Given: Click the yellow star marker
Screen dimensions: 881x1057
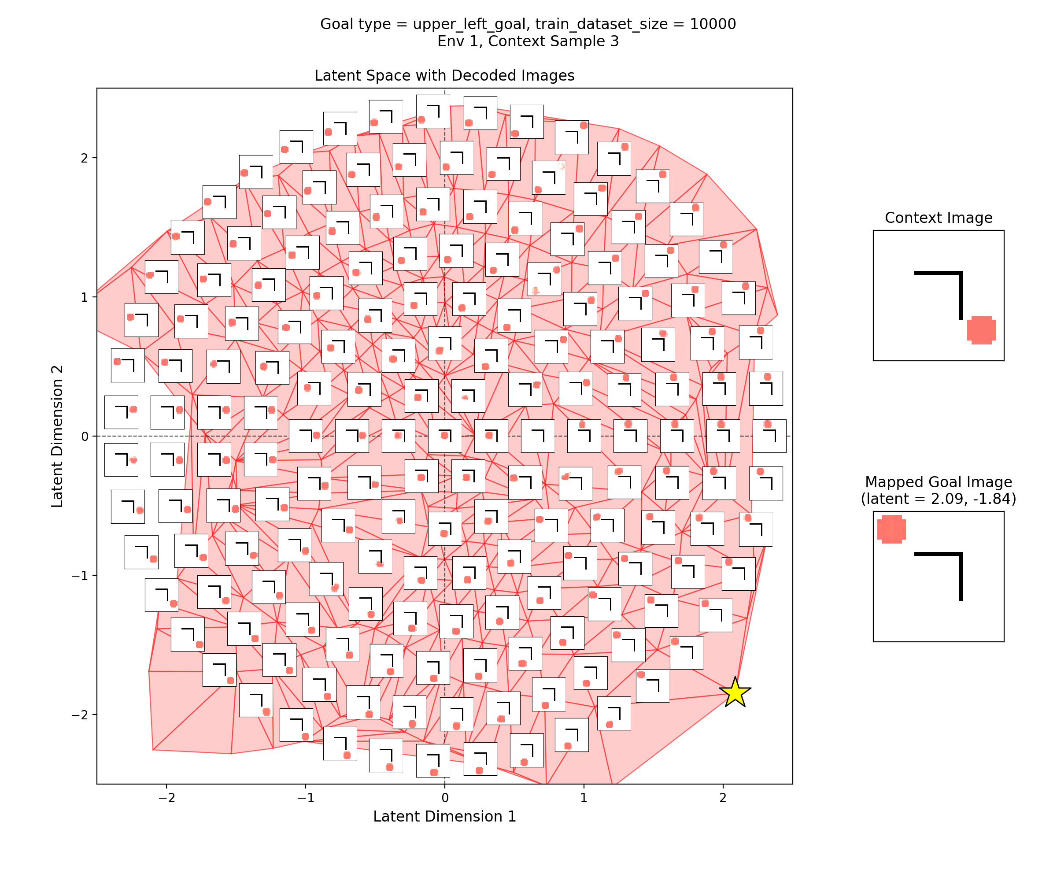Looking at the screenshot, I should tap(735, 693).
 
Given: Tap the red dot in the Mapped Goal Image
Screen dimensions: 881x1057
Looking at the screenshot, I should tap(891, 529).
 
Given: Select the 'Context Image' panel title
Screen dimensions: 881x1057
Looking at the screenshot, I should tap(938, 218).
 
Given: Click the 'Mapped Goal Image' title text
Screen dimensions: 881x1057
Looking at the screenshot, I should tap(938, 482).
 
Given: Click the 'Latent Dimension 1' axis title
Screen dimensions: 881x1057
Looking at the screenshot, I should tap(444, 816).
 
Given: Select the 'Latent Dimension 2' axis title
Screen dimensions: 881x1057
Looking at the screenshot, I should tap(57, 436).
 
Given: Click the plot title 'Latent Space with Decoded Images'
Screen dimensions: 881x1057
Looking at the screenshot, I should tap(444, 75).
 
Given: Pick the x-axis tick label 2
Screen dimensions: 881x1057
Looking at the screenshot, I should tap(723, 797).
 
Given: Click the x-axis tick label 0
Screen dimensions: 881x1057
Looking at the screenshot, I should tap(444, 797).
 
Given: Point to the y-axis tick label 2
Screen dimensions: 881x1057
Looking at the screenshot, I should tap(84, 158).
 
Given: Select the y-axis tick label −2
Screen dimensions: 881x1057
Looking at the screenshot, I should tap(81, 715).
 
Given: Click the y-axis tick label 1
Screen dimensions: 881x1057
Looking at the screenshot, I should tap(84, 297).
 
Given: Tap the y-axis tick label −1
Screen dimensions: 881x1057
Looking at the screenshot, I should tap(81, 575).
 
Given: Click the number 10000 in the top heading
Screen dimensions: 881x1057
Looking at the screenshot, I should tap(713, 24).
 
